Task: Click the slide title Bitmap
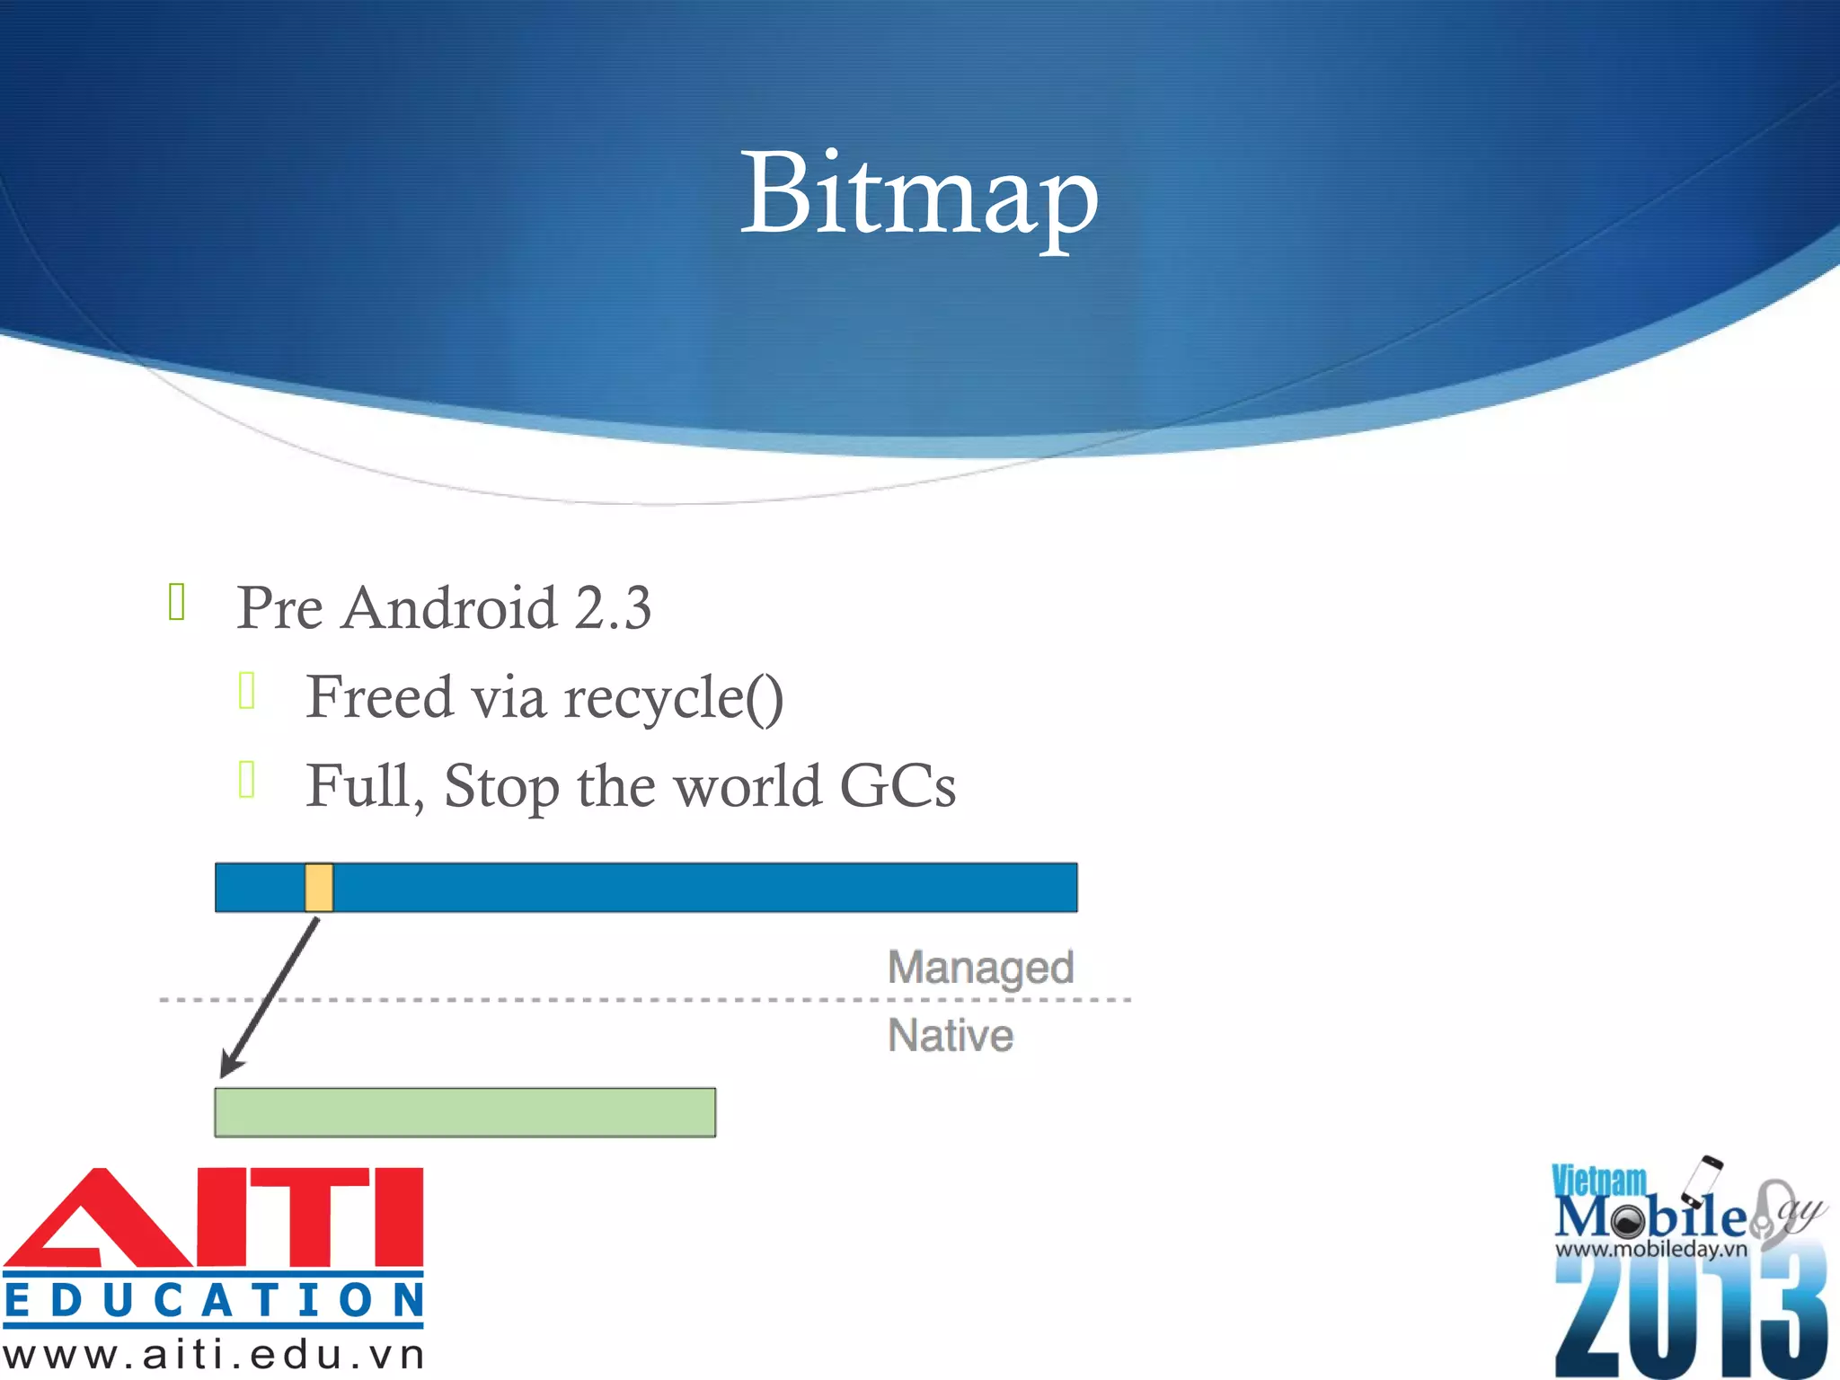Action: (918, 195)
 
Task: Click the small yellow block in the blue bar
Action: (319, 888)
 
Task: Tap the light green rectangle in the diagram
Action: (464, 1112)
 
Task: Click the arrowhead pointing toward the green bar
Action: (231, 1064)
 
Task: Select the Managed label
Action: (980, 968)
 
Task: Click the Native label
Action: (951, 1035)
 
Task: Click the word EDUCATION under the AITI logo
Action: (214, 1300)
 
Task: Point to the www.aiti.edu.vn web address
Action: (214, 1355)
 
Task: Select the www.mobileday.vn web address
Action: (1651, 1249)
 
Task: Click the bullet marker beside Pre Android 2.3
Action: (177, 602)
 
